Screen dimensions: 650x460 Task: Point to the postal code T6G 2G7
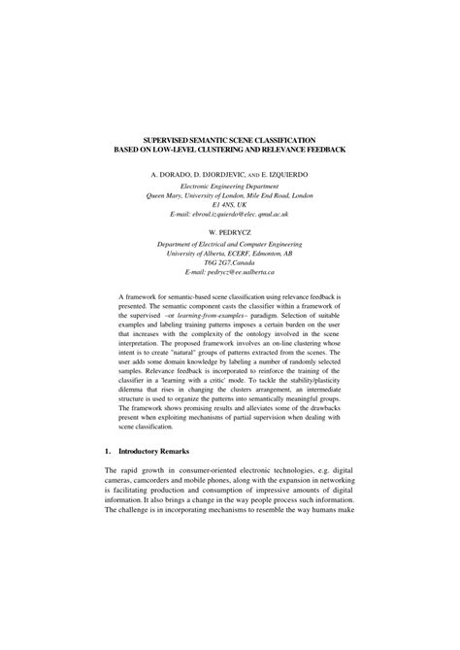click(x=218, y=265)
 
